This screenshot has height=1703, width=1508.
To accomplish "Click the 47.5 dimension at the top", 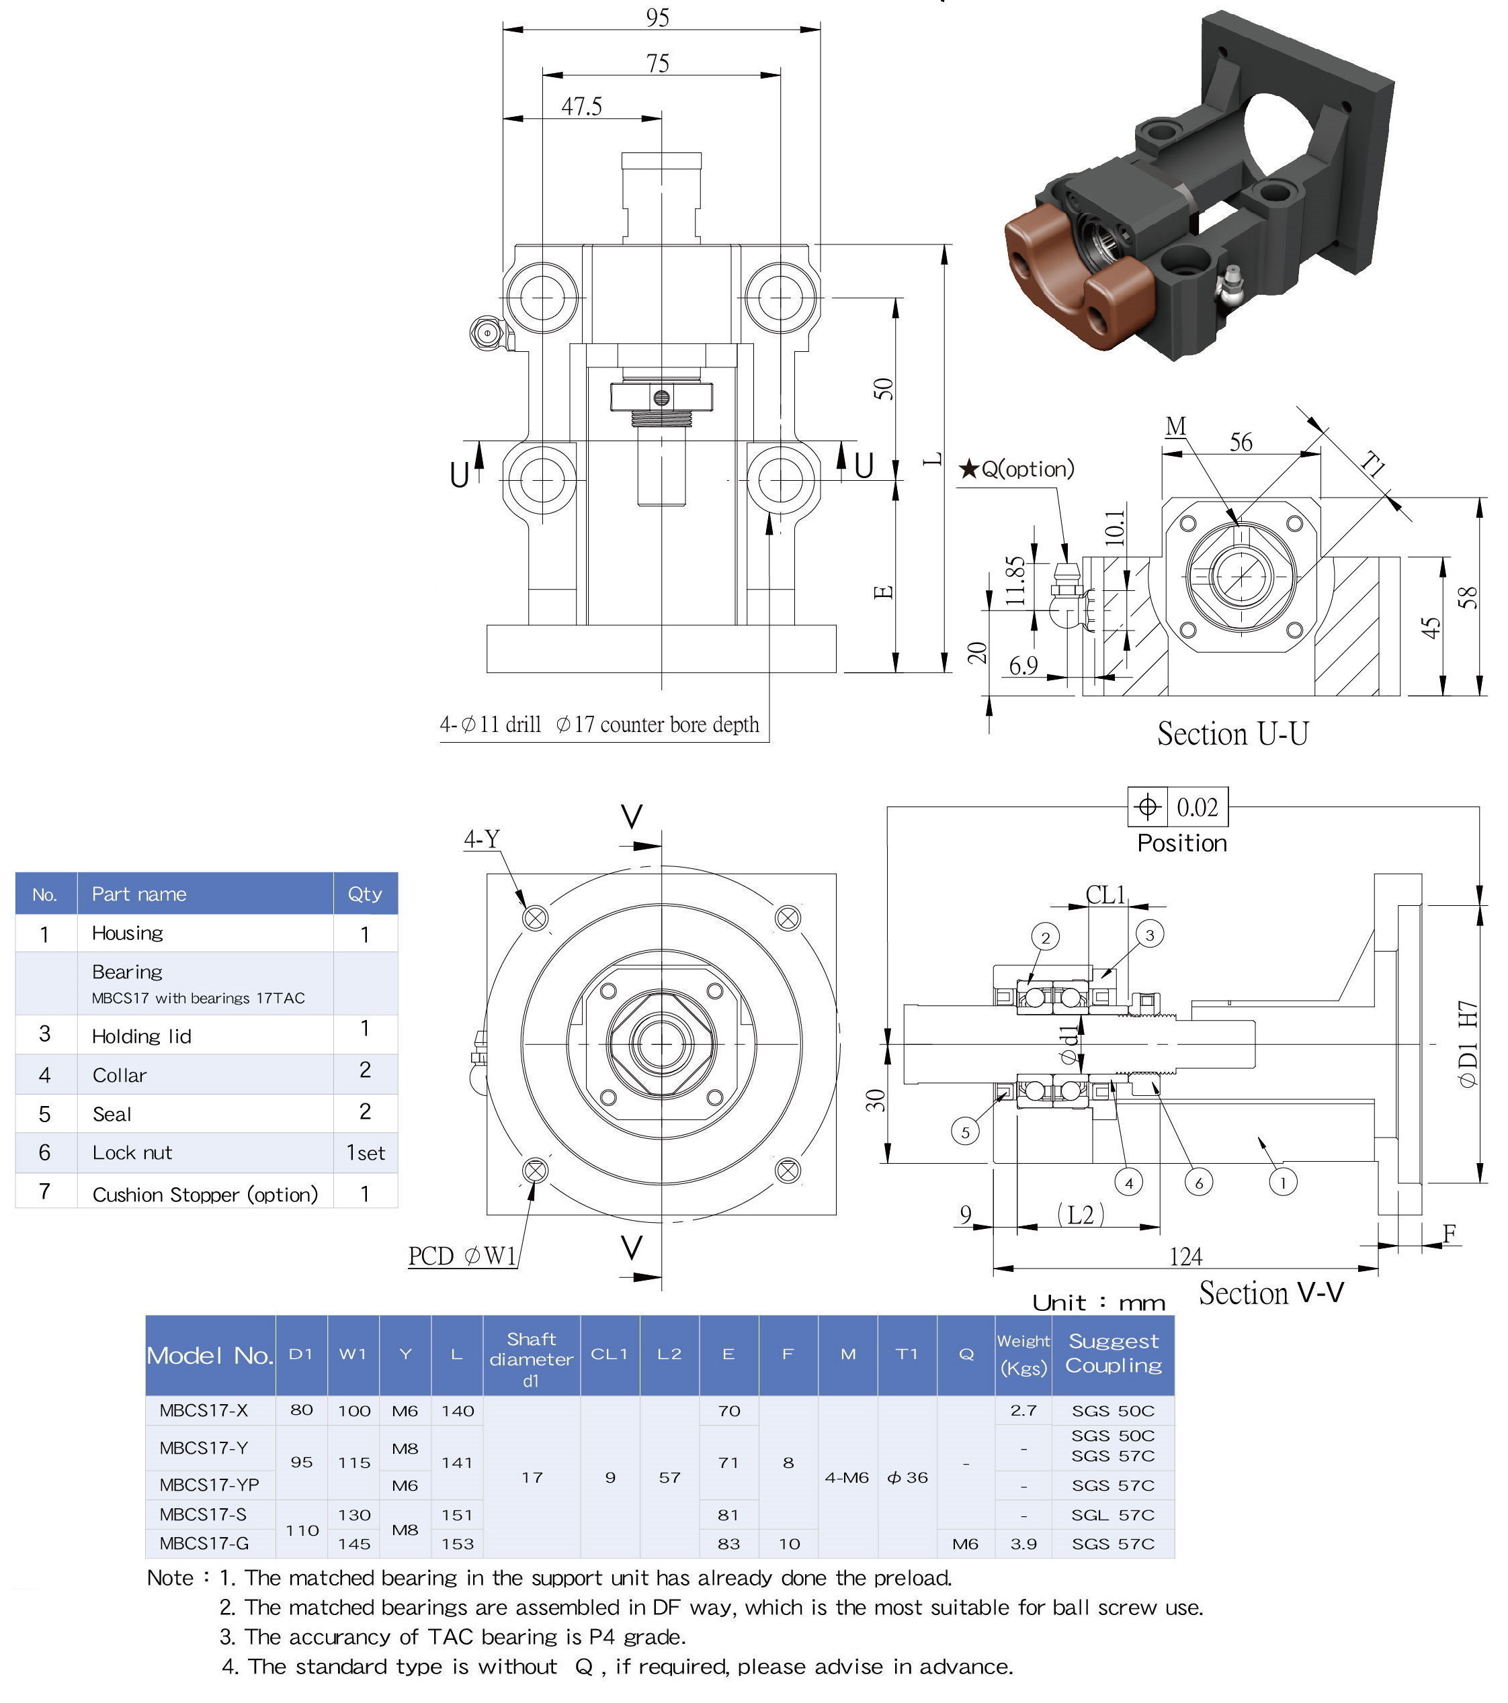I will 581,107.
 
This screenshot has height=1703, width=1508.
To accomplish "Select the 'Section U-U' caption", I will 1232,734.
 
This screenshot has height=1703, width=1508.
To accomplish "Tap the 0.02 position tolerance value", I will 1197,807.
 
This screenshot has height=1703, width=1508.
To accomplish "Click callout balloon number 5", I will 965,1132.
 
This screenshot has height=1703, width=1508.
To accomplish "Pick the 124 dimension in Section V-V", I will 1185,1256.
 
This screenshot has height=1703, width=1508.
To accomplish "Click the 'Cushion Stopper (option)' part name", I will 205,1194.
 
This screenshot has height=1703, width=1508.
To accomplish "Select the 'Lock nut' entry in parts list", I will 132,1152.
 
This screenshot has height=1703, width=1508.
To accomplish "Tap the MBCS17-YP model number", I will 209,1484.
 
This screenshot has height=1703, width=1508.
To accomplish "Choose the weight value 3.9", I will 1023,1543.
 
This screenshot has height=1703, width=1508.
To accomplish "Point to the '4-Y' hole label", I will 482,838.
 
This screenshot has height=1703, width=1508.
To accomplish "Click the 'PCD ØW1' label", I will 462,1256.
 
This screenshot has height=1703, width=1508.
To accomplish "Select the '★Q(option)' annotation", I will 1017,469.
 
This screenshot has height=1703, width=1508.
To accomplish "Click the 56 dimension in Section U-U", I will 1241,443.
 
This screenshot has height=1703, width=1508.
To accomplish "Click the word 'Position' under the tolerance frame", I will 1182,843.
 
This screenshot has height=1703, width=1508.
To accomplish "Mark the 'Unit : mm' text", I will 1098,1302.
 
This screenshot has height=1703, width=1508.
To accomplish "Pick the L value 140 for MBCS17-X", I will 457,1411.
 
